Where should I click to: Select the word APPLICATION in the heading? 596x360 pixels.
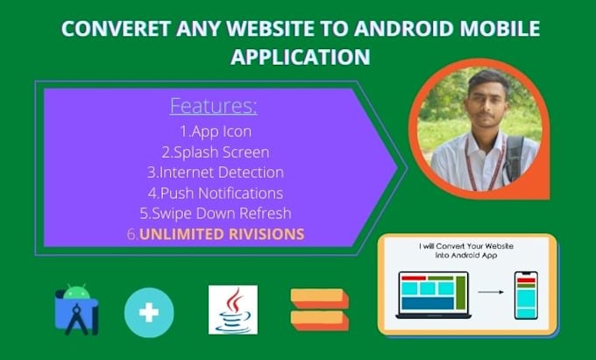point(299,57)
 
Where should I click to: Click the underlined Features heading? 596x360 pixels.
point(213,107)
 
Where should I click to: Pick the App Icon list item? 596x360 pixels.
point(215,132)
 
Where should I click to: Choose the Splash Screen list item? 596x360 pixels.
point(215,152)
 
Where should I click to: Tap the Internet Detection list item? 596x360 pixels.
point(215,173)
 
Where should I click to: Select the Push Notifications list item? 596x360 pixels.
point(215,193)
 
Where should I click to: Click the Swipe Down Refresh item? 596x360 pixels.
point(215,213)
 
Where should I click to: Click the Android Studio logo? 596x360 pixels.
point(76,309)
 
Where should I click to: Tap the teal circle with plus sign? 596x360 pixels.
point(149,311)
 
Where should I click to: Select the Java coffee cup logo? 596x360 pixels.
point(233,309)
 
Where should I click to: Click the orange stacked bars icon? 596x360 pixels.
point(319,309)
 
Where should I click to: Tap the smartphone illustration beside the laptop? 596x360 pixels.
point(526,295)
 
